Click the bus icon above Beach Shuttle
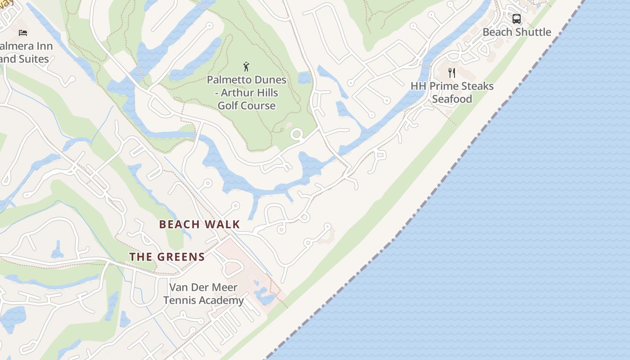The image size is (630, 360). click(517, 19)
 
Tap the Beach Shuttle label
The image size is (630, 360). click(517, 32)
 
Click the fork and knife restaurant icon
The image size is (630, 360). click(452, 73)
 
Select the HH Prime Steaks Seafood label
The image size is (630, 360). click(452, 92)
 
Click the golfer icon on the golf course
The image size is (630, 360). click(246, 67)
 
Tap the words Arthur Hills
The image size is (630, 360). click(252, 93)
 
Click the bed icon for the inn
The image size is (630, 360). click(23, 32)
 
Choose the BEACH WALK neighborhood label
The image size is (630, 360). click(199, 224)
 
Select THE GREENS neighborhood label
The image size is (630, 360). click(167, 257)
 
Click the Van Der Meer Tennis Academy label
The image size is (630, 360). click(203, 293)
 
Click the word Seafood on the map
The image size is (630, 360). click(452, 99)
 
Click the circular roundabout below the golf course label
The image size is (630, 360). click(297, 134)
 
